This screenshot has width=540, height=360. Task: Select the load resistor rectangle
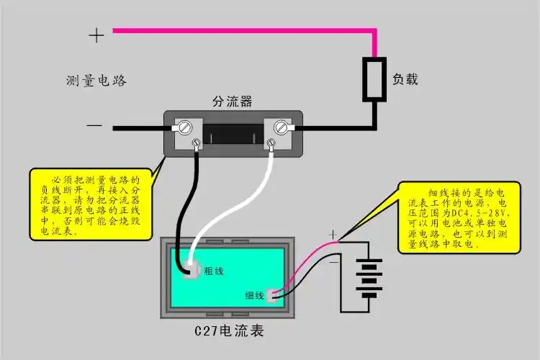click(x=374, y=79)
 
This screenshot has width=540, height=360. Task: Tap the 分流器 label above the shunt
click(x=232, y=102)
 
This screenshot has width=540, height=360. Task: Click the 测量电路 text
click(x=96, y=80)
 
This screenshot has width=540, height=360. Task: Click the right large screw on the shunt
click(x=281, y=128)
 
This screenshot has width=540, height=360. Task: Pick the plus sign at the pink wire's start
click(x=96, y=35)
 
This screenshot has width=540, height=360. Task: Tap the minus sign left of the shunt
click(x=94, y=126)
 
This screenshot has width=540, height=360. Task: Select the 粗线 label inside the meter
click(x=215, y=271)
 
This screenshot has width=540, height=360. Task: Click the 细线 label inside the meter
click(x=254, y=295)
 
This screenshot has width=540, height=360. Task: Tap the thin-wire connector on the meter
click(x=272, y=294)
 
